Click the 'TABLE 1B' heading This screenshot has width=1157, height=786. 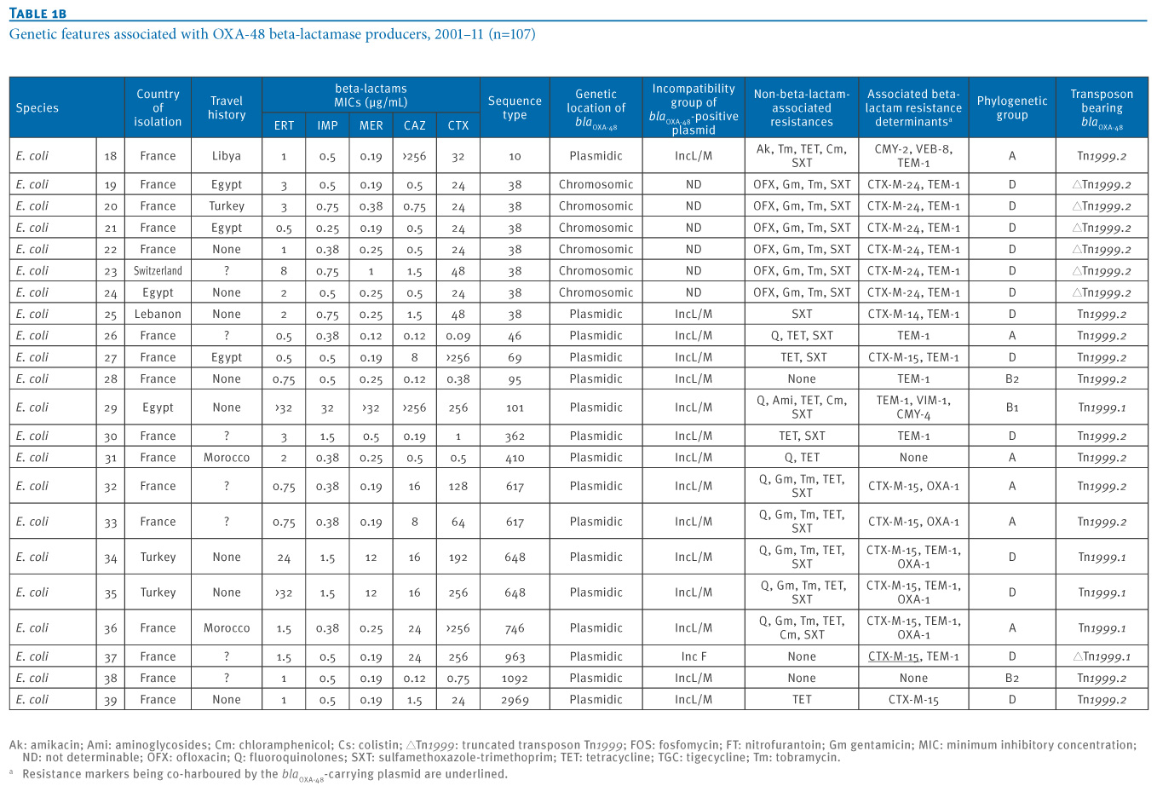(37, 13)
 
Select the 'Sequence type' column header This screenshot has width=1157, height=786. (515, 107)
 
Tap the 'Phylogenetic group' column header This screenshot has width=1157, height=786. (1011, 107)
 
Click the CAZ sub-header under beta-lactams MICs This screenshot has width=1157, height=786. (414, 125)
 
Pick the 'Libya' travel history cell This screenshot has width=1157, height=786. (227, 155)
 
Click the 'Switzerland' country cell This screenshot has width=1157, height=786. (158, 271)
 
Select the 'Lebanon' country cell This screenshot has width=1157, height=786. (158, 315)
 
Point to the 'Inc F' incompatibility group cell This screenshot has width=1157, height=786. (694, 656)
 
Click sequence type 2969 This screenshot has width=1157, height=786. (515, 700)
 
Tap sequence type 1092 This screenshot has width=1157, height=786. (515, 678)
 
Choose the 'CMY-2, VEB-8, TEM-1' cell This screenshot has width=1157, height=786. (913, 155)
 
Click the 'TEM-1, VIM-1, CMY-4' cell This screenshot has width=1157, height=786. (913, 407)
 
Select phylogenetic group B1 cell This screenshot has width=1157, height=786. (1012, 407)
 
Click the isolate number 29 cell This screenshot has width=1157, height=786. (110, 407)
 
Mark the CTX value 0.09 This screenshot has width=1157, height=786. (458, 336)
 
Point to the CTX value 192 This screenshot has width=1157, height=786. (458, 557)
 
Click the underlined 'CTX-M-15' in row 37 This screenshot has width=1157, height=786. (894, 656)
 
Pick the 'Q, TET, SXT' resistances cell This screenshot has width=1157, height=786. (801, 336)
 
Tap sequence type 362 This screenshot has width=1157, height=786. (515, 436)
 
